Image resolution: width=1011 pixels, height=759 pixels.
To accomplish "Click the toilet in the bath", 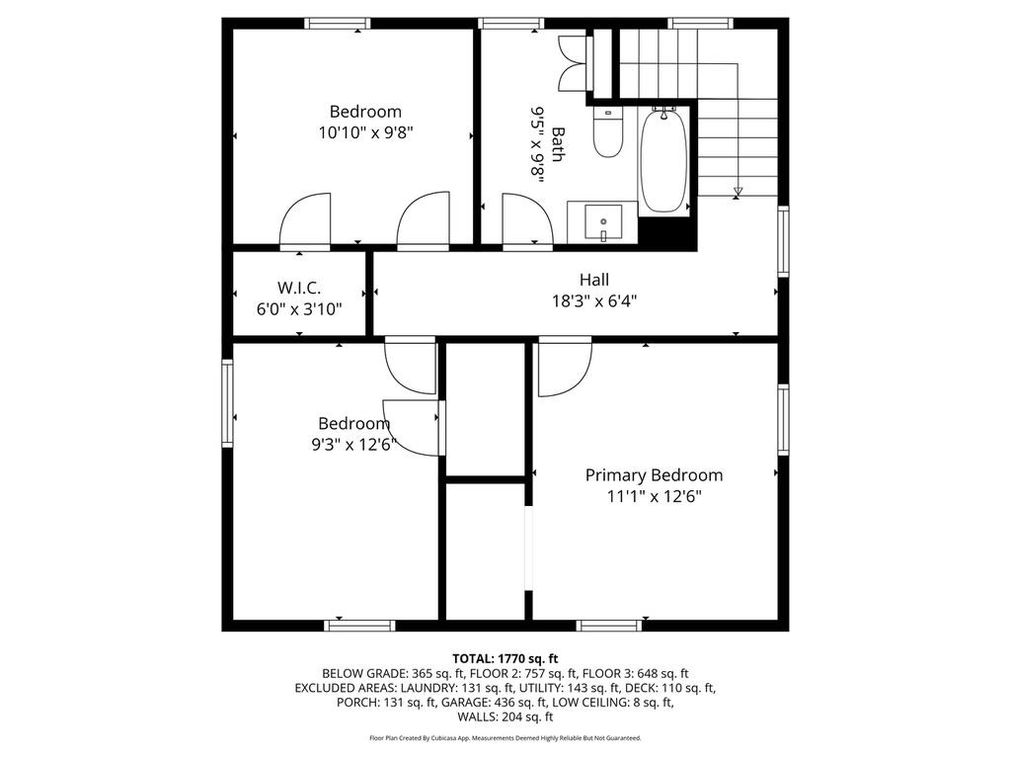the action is point(608,132).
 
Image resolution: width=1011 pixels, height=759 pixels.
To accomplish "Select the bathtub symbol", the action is point(663,163).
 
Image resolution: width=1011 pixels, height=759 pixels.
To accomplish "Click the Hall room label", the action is point(594,280).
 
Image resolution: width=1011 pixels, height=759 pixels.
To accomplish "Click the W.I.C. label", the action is point(299,288).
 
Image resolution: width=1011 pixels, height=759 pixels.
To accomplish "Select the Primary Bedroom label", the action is point(654,475).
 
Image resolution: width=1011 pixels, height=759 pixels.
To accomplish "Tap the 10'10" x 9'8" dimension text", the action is point(365,133).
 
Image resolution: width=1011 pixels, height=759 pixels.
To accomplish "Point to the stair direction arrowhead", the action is point(738,191).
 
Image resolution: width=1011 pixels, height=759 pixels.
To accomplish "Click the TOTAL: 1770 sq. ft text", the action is point(505,658).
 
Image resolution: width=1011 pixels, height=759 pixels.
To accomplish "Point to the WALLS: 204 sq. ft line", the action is point(505,717).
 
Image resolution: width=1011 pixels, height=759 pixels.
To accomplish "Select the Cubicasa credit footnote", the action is point(505,738).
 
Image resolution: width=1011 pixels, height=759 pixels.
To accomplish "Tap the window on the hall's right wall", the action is point(783,240).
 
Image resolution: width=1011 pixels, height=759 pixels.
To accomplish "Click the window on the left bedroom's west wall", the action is point(227,403).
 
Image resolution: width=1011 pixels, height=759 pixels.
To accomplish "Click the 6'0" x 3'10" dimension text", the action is point(299,309).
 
